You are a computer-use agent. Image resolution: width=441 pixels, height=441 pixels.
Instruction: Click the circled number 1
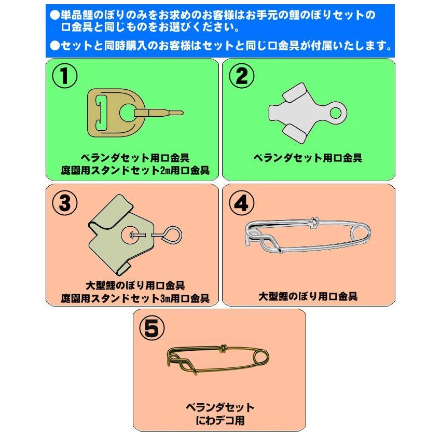click(65, 76)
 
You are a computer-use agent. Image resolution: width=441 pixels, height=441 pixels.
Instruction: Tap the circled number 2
click(241, 76)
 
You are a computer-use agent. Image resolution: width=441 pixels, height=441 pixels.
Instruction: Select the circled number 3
click(65, 203)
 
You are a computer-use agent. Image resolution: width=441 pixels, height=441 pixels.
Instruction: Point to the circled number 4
click(241, 203)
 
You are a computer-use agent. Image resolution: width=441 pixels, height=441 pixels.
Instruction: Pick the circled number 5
click(152, 328)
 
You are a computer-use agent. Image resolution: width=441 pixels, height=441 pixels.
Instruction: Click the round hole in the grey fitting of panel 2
click(335, 113)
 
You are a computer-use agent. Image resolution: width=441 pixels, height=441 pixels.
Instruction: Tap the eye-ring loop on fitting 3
click(172, 235)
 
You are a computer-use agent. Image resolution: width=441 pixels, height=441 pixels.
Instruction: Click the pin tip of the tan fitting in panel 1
click(181, 113)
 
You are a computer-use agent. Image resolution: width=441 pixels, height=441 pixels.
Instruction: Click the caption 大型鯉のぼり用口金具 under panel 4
click(308, 296)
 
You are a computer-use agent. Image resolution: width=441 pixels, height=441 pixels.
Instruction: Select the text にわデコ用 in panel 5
click(219, 420)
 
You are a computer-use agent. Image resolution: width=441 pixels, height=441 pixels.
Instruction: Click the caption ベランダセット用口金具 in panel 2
click(308, 158)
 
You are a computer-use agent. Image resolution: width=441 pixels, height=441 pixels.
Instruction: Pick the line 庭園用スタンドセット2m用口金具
click(135, 171)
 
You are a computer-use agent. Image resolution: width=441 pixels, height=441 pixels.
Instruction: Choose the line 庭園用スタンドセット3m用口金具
click(135, 298)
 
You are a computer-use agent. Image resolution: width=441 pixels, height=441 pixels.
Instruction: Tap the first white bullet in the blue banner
click(55, 15)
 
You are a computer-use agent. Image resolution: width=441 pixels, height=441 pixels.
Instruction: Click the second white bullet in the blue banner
click(55, 45)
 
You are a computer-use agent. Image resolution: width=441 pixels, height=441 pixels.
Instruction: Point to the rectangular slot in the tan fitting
click(101, 113)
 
